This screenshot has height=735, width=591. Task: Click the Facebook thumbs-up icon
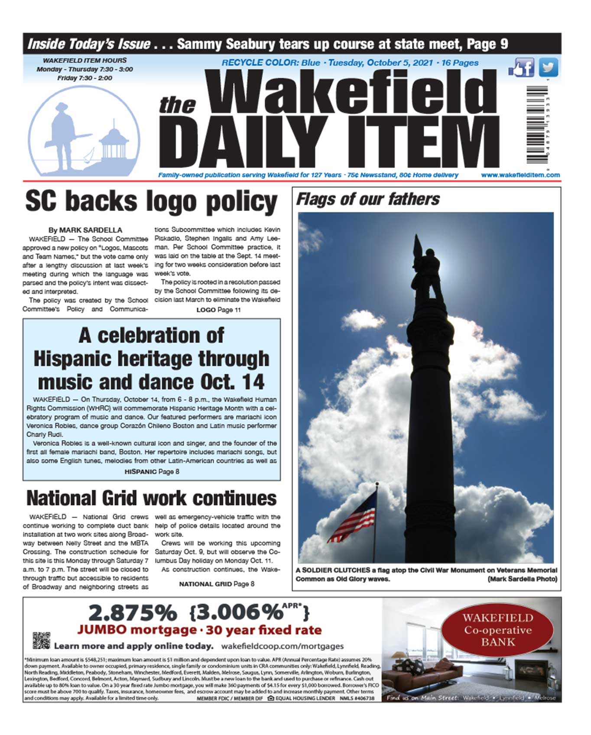click(x=521, y=68)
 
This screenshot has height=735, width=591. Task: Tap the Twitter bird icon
click(x=548, y=68)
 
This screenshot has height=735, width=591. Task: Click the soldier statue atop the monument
click(x=427, y=269)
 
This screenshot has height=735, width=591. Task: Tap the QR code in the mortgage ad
click(x=42, y=641)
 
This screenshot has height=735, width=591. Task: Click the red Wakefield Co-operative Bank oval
click(x=497, y=630)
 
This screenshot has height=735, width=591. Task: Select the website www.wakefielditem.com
click(x=520, y=175)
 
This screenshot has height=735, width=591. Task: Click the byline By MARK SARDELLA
click(x=85, y=230)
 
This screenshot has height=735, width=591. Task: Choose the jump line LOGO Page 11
click(x=218, y=310)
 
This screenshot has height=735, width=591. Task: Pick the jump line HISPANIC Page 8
click(x=152, y=472)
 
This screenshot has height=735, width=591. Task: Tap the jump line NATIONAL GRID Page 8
click(x=217, y=584)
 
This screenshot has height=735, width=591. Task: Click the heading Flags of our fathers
click(x=367, y=200)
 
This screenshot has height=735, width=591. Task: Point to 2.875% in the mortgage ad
click(x=133, y=613)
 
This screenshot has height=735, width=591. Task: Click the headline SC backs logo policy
click(x=151, y=202)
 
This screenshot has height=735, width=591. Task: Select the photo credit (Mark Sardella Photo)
click(x=522, y=579)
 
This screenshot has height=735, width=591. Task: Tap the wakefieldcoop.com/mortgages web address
click(x=282, y=646)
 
